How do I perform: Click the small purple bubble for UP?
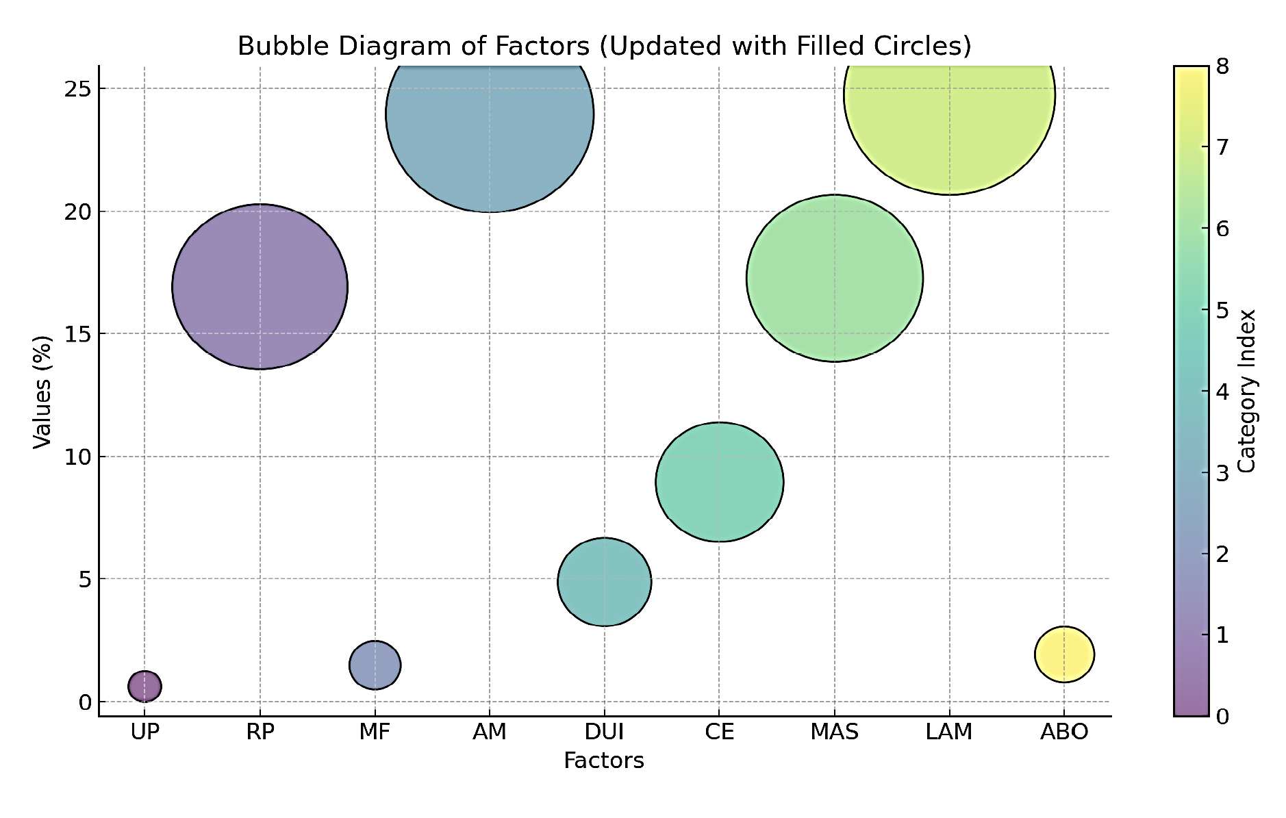[x=144, y=686]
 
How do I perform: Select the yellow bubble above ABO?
[x=1064, y=654]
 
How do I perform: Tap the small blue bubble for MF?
[x=375, y=665]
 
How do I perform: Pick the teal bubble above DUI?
[x=604, y=582]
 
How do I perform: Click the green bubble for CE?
[x=719, y=482]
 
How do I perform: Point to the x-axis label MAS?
[x=834, y=732]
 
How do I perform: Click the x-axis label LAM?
[x=949, y=732]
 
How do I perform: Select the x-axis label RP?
[x=260, y=732]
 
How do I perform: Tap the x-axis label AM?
[x=490, y=732]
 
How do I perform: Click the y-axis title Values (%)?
[x=42, y=392]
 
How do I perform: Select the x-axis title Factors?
[x=604, y=761]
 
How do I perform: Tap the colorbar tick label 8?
[x=1222, y=66]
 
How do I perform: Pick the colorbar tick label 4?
[x=1222, y=392]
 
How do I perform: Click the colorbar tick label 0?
[x=1222, y=717]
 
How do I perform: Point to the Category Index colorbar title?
[x=1248, y=392]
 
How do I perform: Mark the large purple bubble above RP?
[x=260, y=287]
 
